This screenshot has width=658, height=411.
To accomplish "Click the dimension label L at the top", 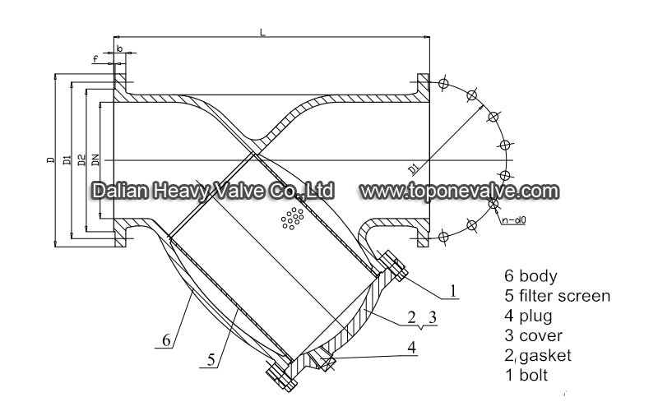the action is click(262, 32).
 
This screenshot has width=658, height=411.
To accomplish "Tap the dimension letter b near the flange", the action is click(119, 48).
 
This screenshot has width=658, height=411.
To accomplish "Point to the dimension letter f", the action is click(95, 59).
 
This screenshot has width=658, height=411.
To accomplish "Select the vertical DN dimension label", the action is click(95, 160).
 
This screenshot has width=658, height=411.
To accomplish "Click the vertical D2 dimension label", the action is click(82, 159).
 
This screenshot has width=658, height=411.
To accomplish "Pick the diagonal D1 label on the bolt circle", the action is click(414, 169).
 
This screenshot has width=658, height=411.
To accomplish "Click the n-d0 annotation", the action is click(513, 219).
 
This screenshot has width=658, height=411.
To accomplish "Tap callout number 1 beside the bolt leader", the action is click(453, 290).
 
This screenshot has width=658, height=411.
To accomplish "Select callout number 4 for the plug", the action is click(412, 347).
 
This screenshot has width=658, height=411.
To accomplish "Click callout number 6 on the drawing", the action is click(166, 340).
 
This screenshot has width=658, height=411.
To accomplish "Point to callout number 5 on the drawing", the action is click(211, 360).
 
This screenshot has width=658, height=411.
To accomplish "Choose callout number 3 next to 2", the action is click(433, 317).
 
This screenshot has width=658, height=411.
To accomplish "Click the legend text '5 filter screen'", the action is click(558, 296).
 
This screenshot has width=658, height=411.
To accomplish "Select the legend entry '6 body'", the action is click(531, 276).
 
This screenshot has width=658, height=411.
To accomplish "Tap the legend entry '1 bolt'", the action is click(526, 375).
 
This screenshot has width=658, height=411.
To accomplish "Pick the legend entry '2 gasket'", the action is click(538, 356).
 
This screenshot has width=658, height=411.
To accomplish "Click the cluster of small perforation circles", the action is click(292, 218).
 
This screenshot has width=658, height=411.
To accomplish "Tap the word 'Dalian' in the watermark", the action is click(120, 191).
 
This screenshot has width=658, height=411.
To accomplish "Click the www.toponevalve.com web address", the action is click(460, 192).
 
